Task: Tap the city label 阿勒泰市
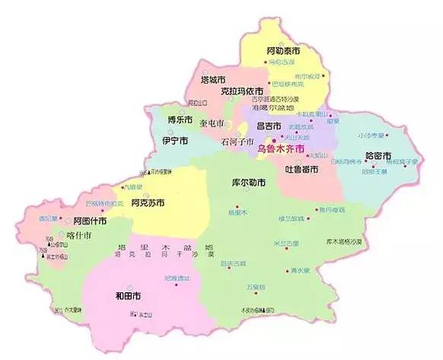point(283,51)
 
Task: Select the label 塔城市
point(212,79)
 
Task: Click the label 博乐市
point(180,119)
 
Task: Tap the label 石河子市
point(236,141)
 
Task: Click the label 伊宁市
point(175,141)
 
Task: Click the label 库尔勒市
point(247,183)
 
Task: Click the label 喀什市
point(79,235)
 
